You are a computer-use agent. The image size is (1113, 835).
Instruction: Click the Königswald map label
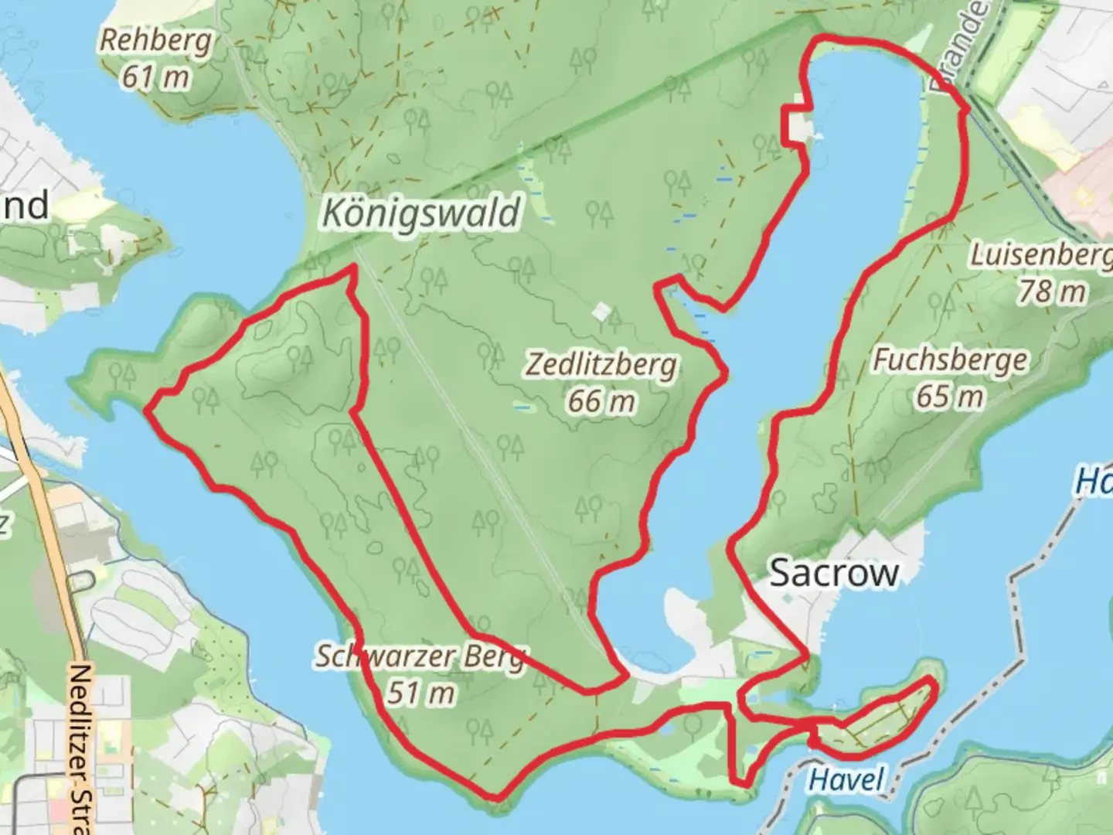coord(422,213)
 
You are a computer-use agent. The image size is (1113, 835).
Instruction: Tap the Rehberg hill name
coord(155,41)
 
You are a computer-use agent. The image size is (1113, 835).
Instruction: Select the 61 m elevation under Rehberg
coord(156,77)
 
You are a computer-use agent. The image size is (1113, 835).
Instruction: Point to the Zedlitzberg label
coord(601,364)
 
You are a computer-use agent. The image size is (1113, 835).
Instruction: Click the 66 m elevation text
coord(601,400)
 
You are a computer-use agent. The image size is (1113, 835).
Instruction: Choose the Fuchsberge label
coord(950,360)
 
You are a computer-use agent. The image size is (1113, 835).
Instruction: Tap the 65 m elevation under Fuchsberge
coord(950,397)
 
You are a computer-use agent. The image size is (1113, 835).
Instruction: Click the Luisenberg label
coord(1040,255)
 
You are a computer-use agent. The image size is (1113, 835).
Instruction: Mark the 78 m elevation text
coord(1051,291)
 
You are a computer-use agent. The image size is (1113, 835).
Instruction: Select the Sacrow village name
coord(835,573)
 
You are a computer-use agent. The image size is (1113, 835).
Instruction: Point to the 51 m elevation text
coord(420,693)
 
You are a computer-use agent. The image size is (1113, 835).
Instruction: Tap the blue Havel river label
coord(846,779)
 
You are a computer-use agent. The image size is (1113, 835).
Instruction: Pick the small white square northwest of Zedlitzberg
coord(601,312)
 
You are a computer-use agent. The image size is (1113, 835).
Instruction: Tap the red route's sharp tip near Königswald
coord(353,268)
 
